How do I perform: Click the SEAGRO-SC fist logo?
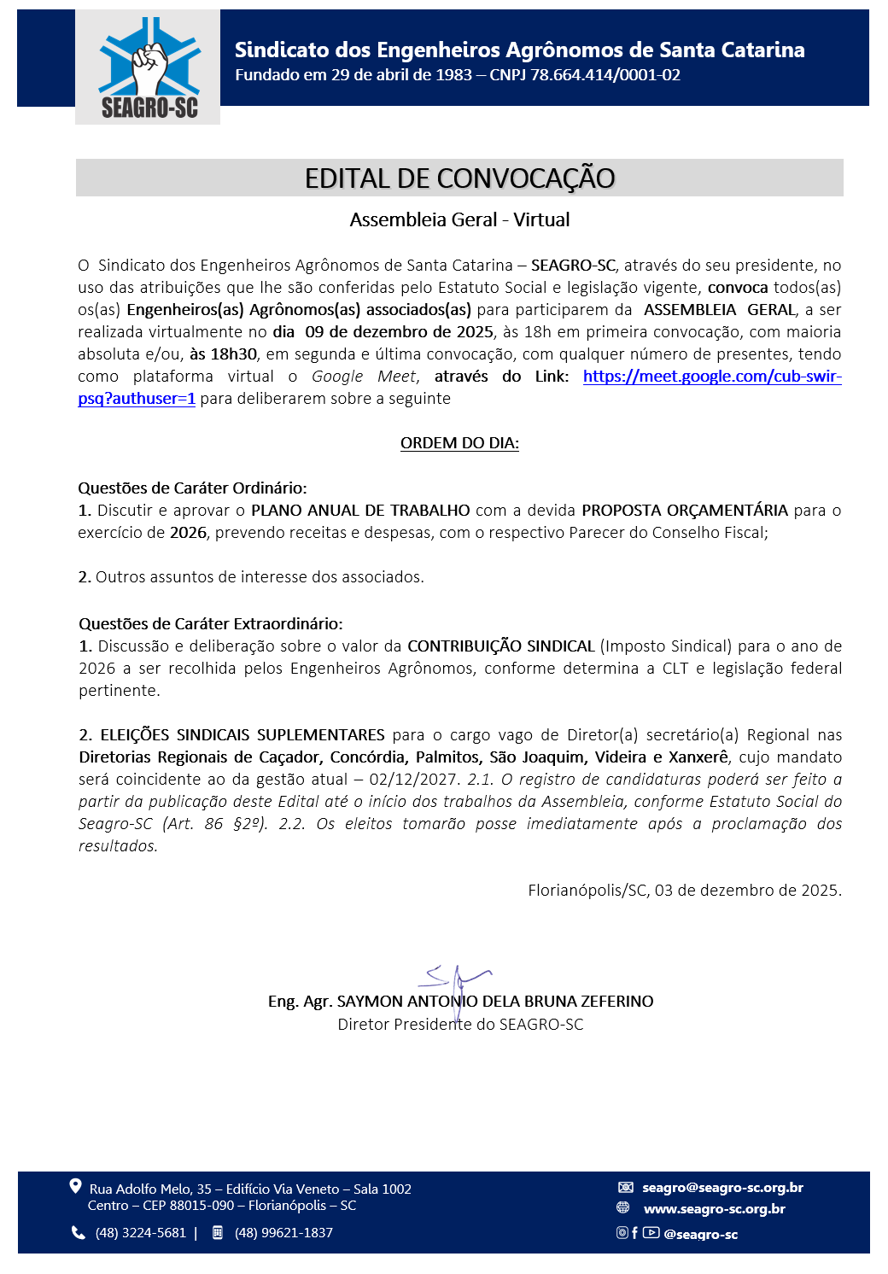pyautogui.click(x=149, y=67)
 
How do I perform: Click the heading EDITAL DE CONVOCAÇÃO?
pyautogui.click(x=459, y=178)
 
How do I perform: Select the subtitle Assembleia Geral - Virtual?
pyautogui.click(x=459, y=220)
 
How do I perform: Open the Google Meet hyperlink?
pyautogui.click(x=711, y=377)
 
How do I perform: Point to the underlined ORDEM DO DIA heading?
pyautogui.click(x=459, y=443)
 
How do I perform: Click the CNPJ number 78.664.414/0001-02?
pyautogui.click(x=605, y=75)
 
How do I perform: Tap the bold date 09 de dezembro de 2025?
pyautogui.click(x=399, y=332)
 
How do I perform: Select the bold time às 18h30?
pyautogui.click(x=223, y=354)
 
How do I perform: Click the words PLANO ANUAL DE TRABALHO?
pyautogui.click(x=360, y=511)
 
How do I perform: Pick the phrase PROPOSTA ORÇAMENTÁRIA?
pyautogui.click(x=685, y=511)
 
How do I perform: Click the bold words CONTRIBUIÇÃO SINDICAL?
pyautogui.click(x=501, y=646)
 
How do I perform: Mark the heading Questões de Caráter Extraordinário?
pyautogui.click(x=211, y=624)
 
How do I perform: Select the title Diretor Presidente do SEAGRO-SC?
pyautogui.click(x=460, y=1025)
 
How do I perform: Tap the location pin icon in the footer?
pyautogui.click(x=76, y=1187)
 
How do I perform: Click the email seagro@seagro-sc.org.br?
pyautogui.click(x=722, y=1188)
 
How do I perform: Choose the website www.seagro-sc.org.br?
pyautogui.click(x=714, y=1209)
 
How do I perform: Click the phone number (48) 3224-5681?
pyautogui.click(x=141, y=1233)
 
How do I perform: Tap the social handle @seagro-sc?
pyautogui.click(x=700, y=1235)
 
